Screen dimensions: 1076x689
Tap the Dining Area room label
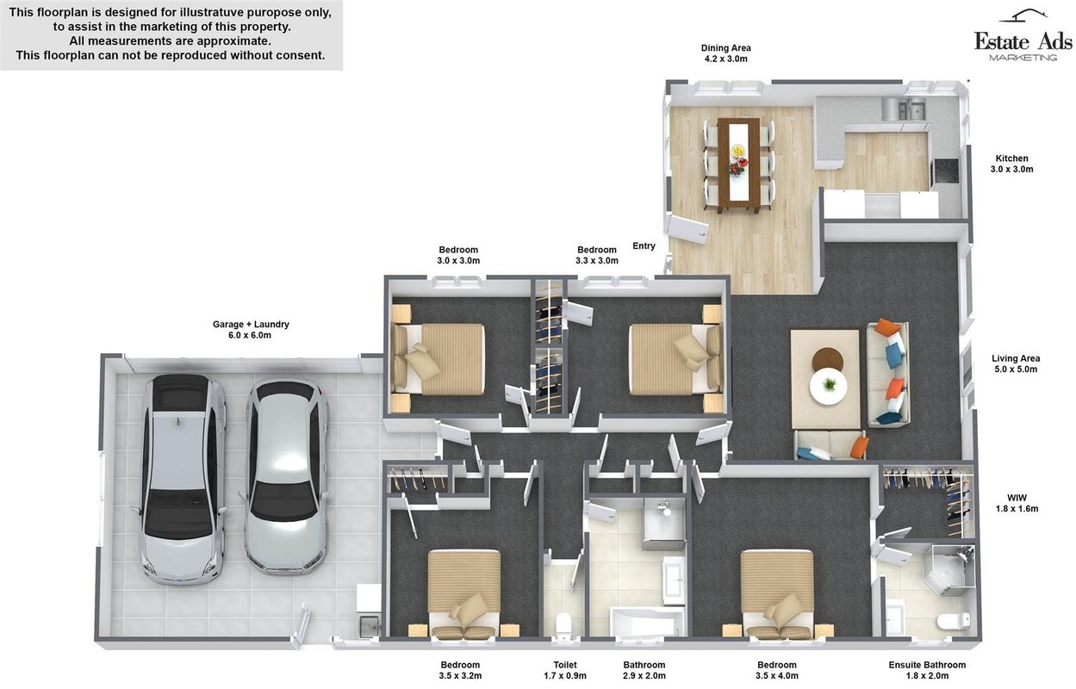pos(726,53)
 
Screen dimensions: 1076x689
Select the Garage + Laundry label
pos(251,329)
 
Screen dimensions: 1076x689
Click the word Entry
pos(644,245)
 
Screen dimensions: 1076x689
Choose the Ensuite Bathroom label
pos(927,670)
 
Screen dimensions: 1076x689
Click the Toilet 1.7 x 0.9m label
pos(565,670)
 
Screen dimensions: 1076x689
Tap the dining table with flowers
pos(738,165)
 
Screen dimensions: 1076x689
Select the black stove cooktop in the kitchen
pos(945,171)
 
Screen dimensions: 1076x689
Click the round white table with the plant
pos(828,386)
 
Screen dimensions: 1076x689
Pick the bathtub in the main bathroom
pos(647,621)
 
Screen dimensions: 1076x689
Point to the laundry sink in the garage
pos(370,626)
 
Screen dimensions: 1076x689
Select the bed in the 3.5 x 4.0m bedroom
pos(777,594)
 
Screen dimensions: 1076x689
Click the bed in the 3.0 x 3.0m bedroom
pos(438,358)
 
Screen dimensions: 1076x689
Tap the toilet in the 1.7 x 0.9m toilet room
pos(563,624)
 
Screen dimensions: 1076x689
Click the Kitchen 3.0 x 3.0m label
pos(1011,164)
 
